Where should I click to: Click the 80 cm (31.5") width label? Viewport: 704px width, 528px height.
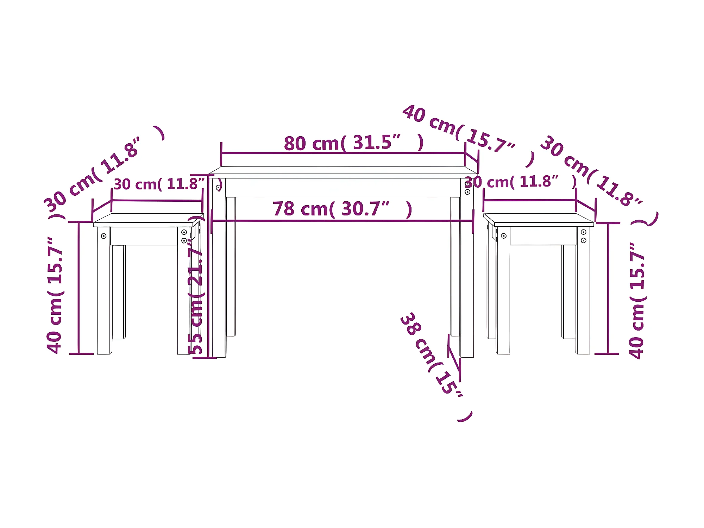coord(353,143)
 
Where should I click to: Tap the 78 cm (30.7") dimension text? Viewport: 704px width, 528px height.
coord(342,209)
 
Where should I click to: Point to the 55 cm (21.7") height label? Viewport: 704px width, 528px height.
coord(196,285)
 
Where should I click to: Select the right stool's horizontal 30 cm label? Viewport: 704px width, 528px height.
coord(521,182)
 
